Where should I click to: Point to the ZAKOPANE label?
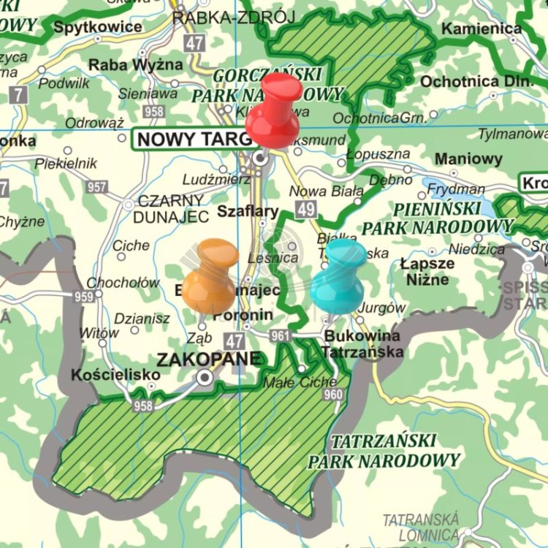tap(208, 359)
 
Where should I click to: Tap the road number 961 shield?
tap(280, 336)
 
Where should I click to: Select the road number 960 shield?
tap(332, 395)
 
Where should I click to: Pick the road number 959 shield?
tap(83, 297)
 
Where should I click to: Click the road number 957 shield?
tap(96, 187)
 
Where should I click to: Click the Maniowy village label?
tap(468, 159)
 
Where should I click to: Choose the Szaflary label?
tap(248, 212)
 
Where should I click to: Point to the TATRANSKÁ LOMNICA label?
tap(422, 527)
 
